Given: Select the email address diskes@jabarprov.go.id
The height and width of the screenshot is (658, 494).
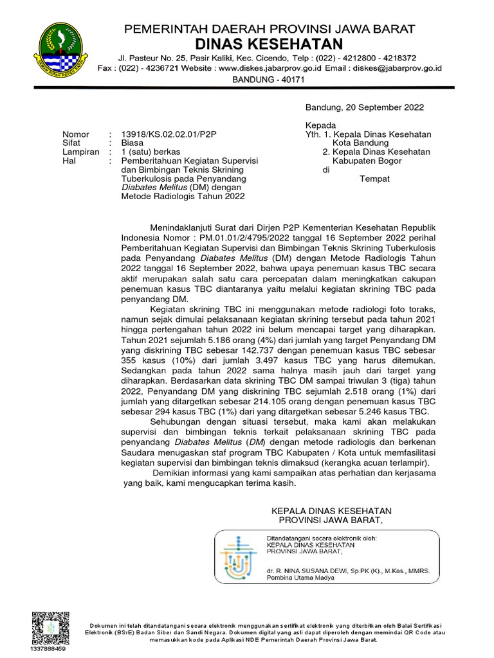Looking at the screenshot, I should click(392, 67).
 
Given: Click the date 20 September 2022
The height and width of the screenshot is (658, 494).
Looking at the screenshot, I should click(382, 107).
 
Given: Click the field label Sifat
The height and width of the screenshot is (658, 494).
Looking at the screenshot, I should click(71, 143).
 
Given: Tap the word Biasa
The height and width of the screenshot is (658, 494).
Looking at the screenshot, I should click(133, 143).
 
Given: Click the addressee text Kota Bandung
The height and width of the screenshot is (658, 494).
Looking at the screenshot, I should click(365, 143).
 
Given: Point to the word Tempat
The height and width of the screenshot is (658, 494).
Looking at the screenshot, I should click(374, 179).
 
